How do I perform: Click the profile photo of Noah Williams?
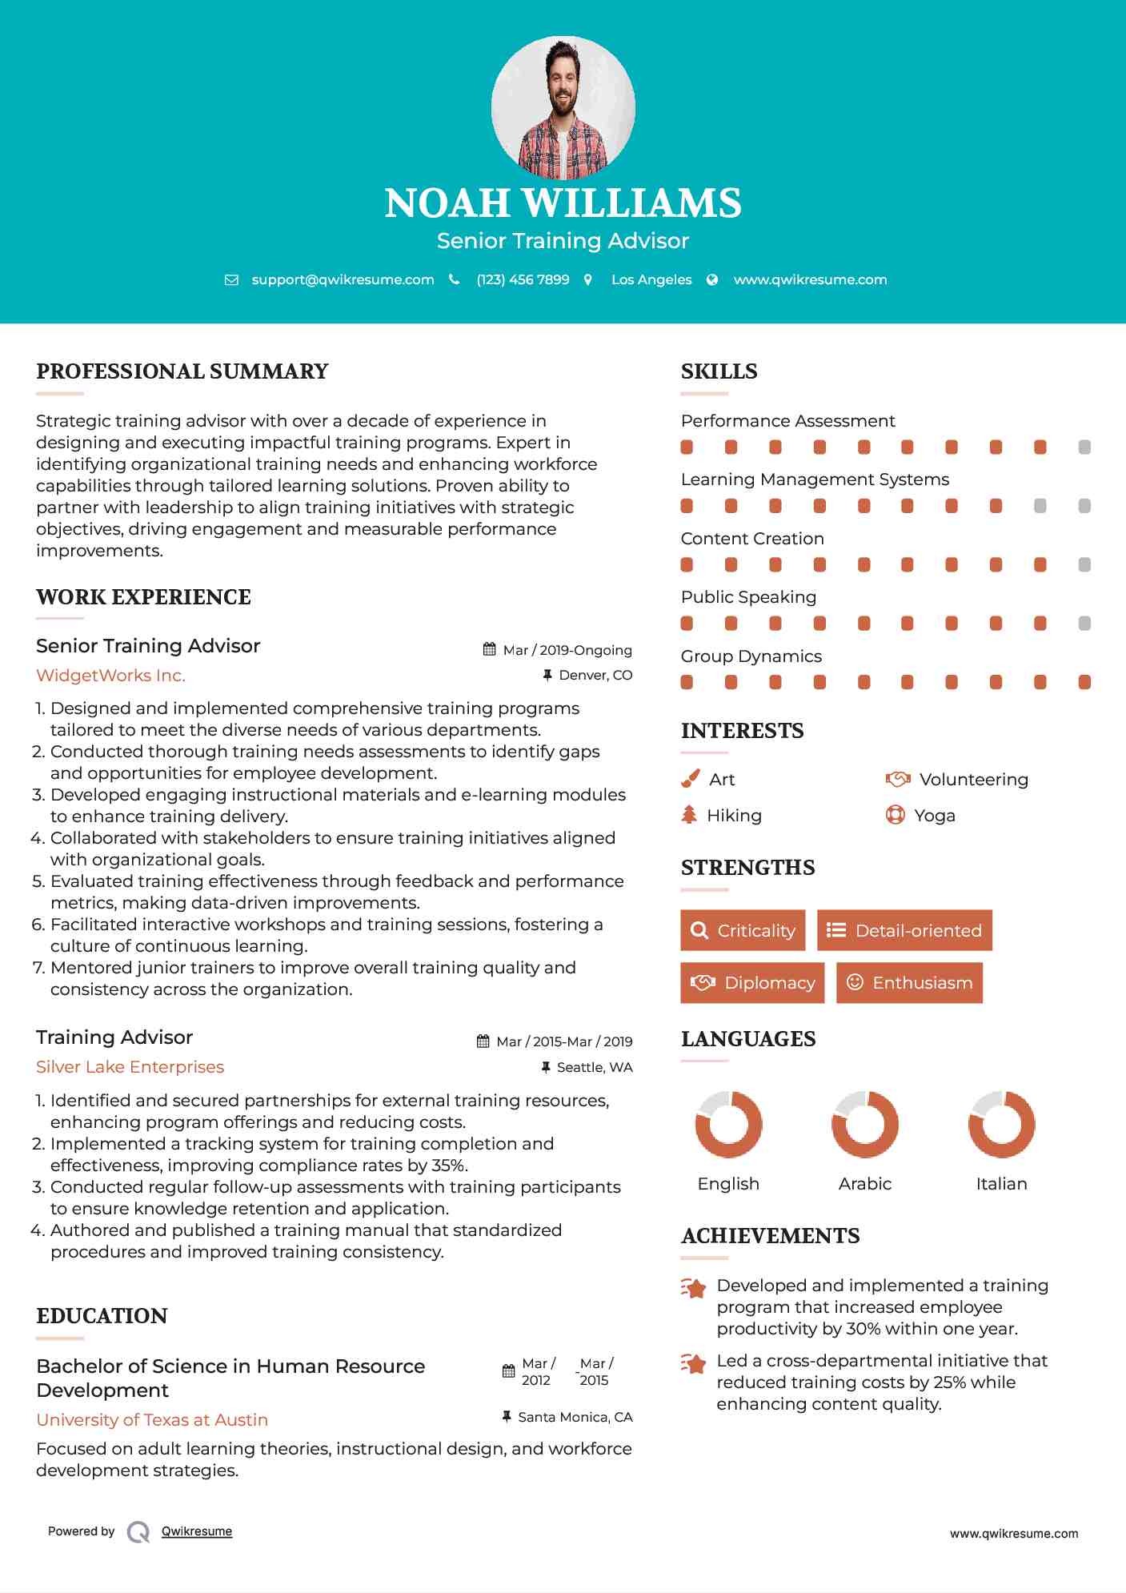coord(563,106)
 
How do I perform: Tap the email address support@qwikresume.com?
coord(343,279)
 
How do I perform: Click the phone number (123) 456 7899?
coord(523,279)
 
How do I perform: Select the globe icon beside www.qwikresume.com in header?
coord(712,279)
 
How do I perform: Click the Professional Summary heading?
coord(182,371)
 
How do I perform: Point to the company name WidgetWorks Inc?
coord(110,676)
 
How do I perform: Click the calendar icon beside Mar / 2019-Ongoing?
coord(490,649)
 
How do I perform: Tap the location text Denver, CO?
coord(595,676)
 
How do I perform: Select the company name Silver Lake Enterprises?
coord(130,1067)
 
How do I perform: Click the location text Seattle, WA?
coord(595,1067)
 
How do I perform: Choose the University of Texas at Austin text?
coord(152,1419)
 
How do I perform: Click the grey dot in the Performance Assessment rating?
coord(1084,447)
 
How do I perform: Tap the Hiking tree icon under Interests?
coord(689,815)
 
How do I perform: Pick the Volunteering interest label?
coord(973,780)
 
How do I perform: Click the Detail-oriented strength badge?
coord(904,930)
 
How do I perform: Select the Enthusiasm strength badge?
coord(909,982)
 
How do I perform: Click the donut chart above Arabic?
coord(865,1124)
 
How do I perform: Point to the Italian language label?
coord(1001,1184)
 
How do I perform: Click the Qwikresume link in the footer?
coord(197,1531)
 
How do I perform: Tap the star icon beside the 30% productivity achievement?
coord(693,1288)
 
